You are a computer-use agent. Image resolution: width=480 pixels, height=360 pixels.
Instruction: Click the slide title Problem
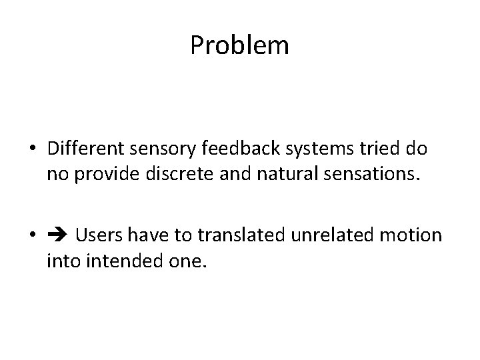tap(239, 46)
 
